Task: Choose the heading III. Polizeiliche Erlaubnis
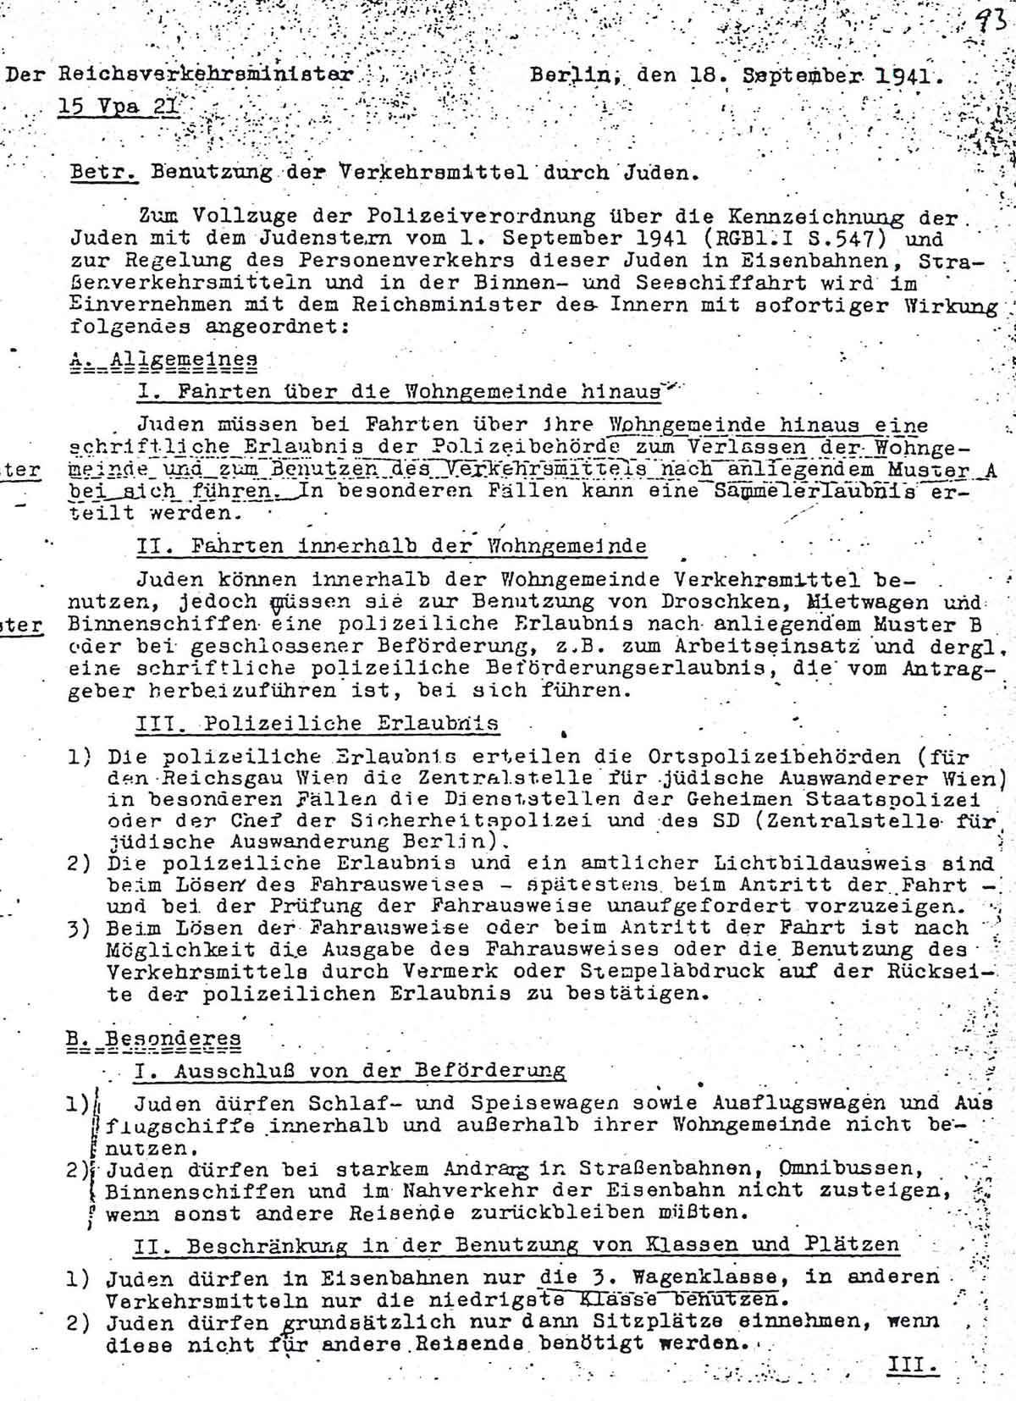tap(317, 724)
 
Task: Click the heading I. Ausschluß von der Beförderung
tap(350, 1070)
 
